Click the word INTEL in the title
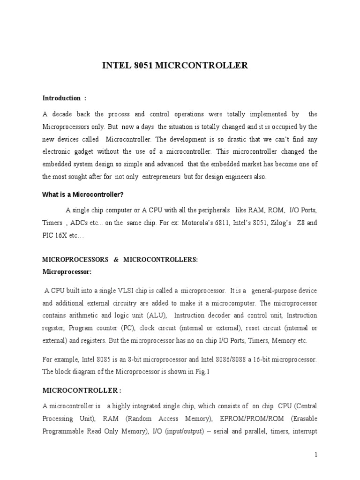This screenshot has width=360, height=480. (x=114, y=66)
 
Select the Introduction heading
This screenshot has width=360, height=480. (x=61, y=98)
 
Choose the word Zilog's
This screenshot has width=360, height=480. (x=277, y=223)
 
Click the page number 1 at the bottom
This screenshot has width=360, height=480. (x=316, y=455)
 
